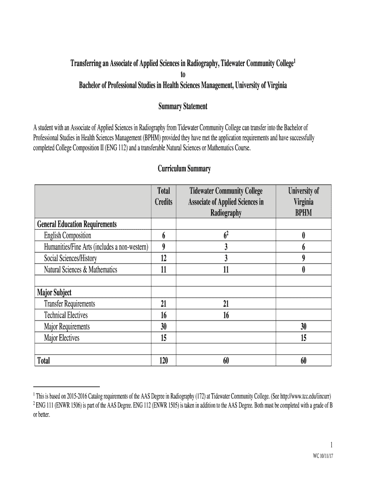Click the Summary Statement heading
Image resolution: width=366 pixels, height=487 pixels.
[x=183, y=107]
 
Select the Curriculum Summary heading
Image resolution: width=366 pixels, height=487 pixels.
[x=183, y=169]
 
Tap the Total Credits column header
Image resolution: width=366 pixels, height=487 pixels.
[x=164, y=196]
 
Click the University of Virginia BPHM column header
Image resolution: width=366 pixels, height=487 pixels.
[x=303, y=202]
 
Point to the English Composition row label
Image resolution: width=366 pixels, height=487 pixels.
[x=67, y=235]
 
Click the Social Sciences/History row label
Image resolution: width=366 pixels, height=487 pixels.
[x=70, y=258]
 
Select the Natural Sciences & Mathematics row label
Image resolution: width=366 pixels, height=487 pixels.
[x=80, y=270]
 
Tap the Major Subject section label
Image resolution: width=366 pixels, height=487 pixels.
[x=54, y=292]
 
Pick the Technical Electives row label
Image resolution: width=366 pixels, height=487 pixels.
[x=66, y=315]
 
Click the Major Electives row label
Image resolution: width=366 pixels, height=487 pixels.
[x=62, y=338]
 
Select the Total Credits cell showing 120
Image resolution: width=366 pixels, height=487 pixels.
[x=164, y=361]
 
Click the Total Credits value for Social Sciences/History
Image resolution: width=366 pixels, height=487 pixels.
[x=164, y=258]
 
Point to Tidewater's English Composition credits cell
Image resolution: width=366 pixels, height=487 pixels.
[x=226, y=235]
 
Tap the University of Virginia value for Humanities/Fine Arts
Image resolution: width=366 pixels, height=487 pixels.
[x=303, y=247]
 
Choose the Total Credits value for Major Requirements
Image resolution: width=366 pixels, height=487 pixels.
[x=164, y=326]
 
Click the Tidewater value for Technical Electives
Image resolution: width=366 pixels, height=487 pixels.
[x=226, y=315]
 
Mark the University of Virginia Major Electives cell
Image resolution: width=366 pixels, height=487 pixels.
[x=303, y=338]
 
